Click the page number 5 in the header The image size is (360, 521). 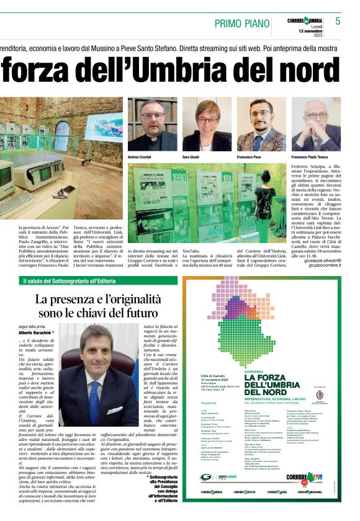(338, 21)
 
